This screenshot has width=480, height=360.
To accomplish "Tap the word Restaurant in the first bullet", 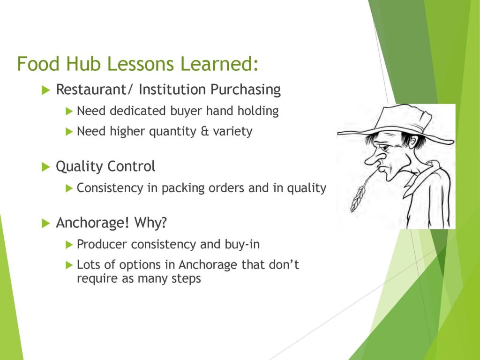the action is [90, 90].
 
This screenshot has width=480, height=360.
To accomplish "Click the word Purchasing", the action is [246, 90].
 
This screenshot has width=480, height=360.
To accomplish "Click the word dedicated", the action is [138, 111].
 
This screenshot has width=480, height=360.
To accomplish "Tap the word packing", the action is [183, 188].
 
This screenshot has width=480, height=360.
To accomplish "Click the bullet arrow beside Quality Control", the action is [45, 167].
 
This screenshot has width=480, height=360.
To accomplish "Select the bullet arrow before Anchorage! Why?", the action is [45, 223].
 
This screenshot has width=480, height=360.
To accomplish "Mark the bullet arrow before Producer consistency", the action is [69, 245].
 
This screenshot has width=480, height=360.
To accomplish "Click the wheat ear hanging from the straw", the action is [358, 199].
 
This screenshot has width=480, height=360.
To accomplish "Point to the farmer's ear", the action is [413, 143].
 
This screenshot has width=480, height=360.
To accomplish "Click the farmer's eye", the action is [385, 147].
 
